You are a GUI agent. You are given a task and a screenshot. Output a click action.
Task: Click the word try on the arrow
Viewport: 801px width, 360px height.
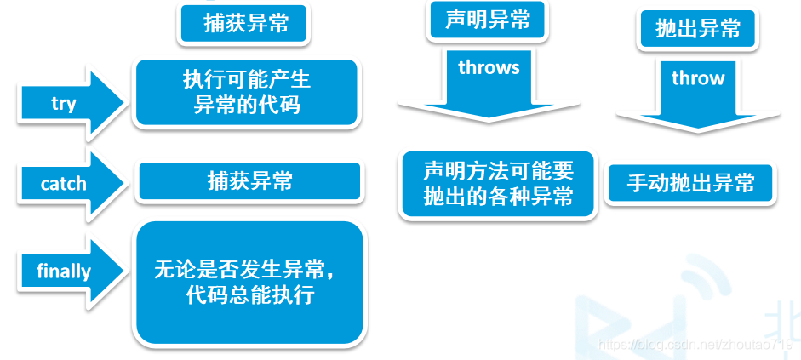pyautogui.click(x=63, y=104)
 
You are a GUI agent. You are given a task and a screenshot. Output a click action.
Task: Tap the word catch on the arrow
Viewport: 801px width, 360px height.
pyautogui.click(x=63, y=184)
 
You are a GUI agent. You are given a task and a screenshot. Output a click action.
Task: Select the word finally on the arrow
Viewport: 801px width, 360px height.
pyautogui.click(x=64, y=271)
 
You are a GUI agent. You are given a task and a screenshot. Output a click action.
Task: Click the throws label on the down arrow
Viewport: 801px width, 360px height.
pyautogui.click(x=489, y=67)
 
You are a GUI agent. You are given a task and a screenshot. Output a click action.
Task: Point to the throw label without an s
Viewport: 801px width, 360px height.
pyautogui.click(x=698, y=78)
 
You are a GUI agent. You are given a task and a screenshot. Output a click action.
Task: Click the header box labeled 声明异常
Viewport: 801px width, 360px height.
pyautogui.click(x=488, y=21)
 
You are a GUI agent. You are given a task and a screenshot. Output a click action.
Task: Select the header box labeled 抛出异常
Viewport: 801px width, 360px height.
pyautogui.click(x=697, y=29)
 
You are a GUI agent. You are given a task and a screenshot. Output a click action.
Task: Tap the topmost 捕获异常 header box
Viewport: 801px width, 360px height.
pyautogui.click(x=244, y=23)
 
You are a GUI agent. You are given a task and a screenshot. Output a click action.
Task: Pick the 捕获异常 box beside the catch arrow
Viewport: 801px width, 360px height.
pyautogui.click(x=249, y=181)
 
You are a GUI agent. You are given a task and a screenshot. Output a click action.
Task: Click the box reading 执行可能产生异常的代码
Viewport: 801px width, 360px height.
pyautogui.click(x=247, y=93)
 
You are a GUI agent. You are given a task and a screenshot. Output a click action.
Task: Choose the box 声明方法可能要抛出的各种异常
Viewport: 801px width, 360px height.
pyautogui.click(x=498, y=184)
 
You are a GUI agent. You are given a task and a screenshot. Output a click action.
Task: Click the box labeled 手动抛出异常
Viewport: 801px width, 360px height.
pyautogui.click(x=690, y=183)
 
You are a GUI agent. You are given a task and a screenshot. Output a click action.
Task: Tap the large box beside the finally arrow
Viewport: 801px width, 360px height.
pyautogui.click(x=249, y=283)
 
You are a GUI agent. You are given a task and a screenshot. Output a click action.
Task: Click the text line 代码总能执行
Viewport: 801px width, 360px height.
pyautogui.click(x=249, y=295)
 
